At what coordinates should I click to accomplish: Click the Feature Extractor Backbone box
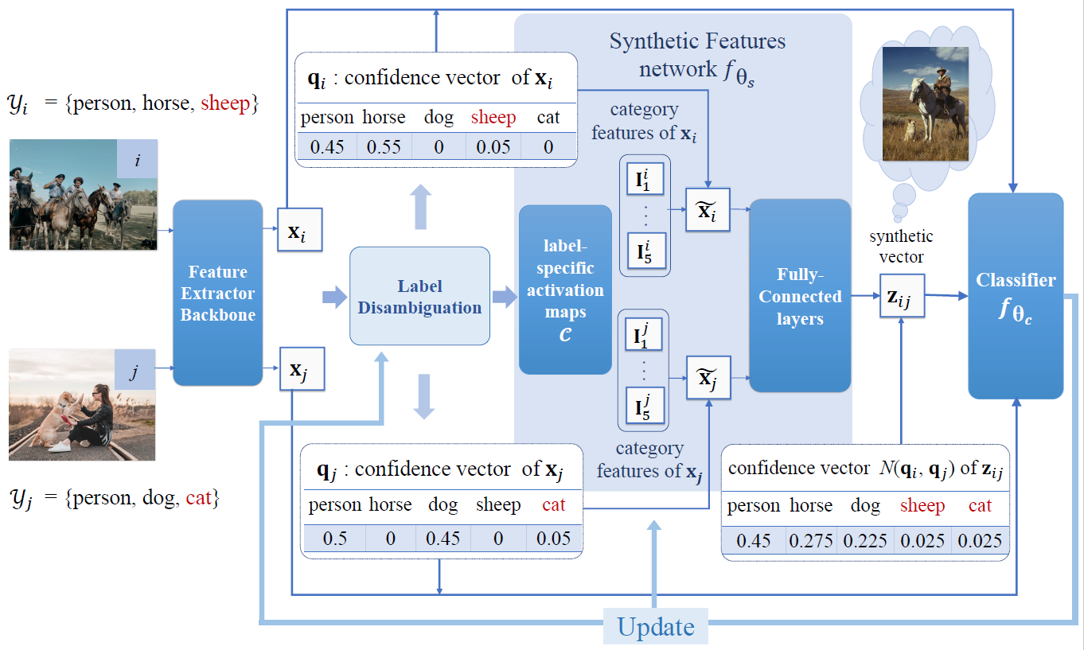(x=217, y=293)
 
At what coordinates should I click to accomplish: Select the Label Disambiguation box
(x=419, y=296)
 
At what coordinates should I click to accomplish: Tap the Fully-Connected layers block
(x=800, y=296)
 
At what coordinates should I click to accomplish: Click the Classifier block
(x=1016, y=296)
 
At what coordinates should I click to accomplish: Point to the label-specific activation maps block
(x=565, y=290)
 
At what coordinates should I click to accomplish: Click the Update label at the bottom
(x=656, y=627)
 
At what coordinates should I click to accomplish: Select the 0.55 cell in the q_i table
(x=384, y=146)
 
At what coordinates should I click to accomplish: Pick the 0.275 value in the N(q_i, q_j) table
(x=811, y=542)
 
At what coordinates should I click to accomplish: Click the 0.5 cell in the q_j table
(x=334, y=539)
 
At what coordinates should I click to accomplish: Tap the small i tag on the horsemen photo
(x=137, y=160)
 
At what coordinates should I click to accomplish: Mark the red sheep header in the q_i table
(x=493, y=118)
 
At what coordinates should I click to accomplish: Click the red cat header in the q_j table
(x=553, y=504)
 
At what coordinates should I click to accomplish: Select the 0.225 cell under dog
(x=865, y=542)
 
